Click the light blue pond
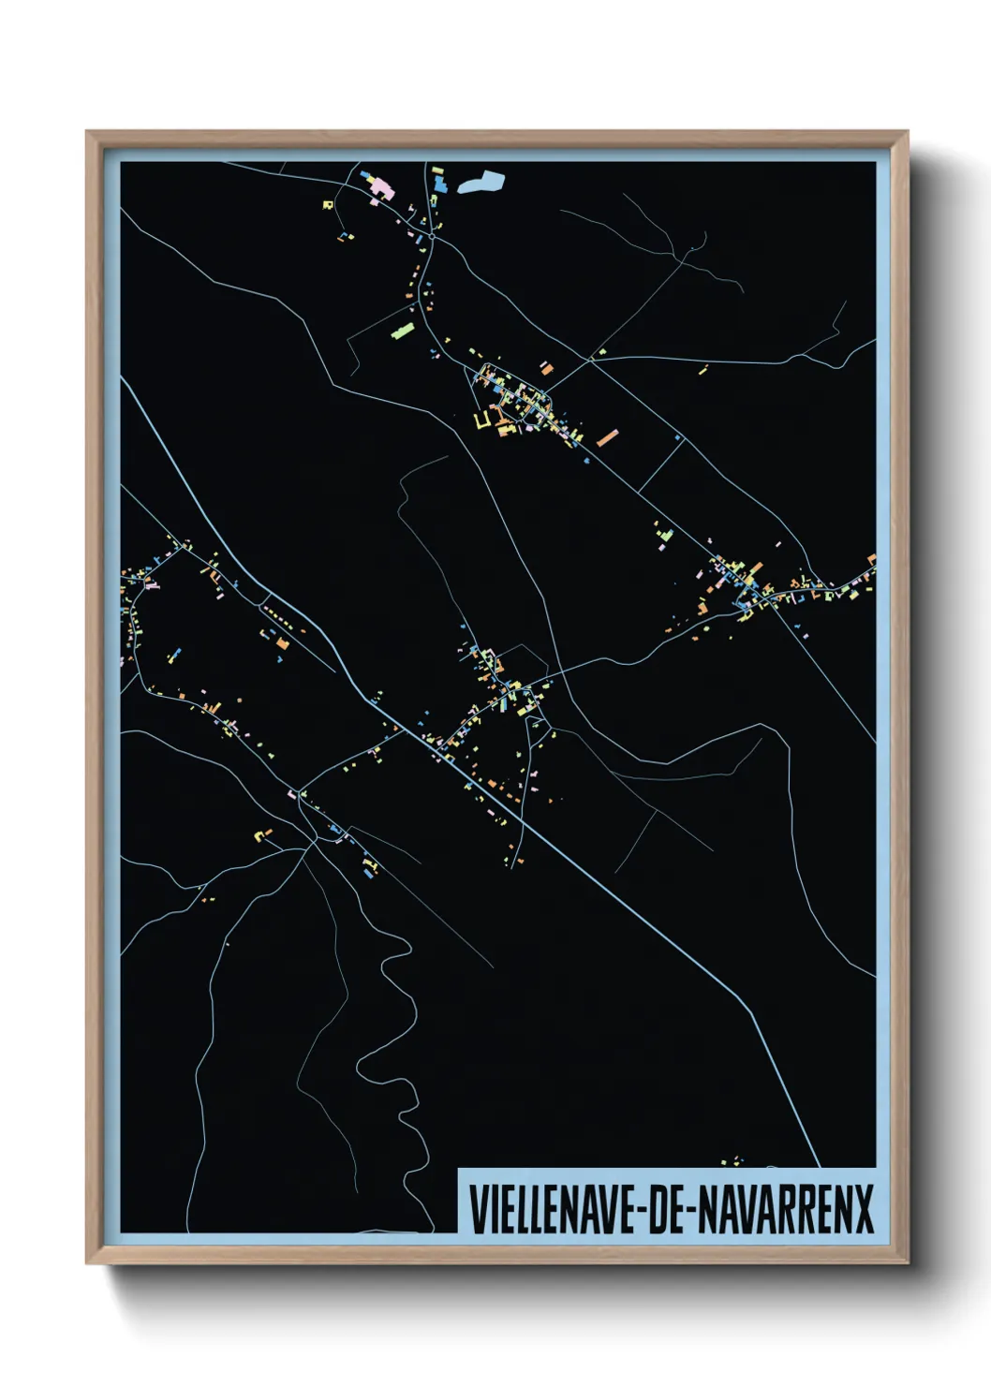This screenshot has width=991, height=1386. coord(482,181)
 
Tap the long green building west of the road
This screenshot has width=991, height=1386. coord(402,331)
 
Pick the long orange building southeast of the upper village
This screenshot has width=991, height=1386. coord(608,437)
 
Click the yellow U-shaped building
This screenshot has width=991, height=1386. coord(483,420)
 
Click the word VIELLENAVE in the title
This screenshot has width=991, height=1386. coord(551,1209)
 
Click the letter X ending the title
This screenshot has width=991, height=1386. coord(863,1209)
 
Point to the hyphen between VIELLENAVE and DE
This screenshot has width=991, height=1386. coord(639,1211)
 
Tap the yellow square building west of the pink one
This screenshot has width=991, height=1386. coord(329,203)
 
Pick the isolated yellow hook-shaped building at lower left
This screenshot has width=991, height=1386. coord(263,833)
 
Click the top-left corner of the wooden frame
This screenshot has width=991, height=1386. coord(88,133)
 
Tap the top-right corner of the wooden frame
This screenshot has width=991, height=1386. coord(907,133)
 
